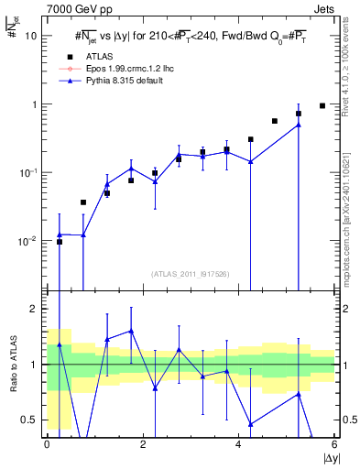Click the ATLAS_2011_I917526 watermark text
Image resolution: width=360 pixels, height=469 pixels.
pos(191,273)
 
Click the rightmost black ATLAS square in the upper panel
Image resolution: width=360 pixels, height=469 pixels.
pos(322,105)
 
